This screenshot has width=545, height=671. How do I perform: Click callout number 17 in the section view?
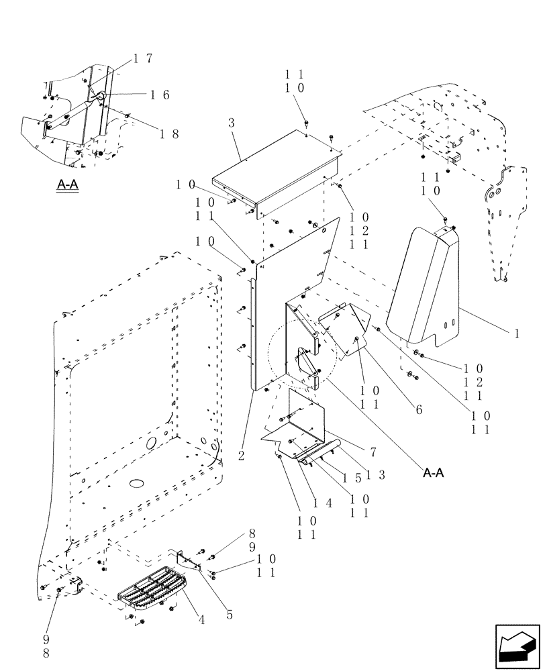[x=142, y=58]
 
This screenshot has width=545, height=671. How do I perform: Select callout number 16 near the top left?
[x=159, y=95]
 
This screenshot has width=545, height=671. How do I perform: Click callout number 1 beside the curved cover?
[x=517, y=332]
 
